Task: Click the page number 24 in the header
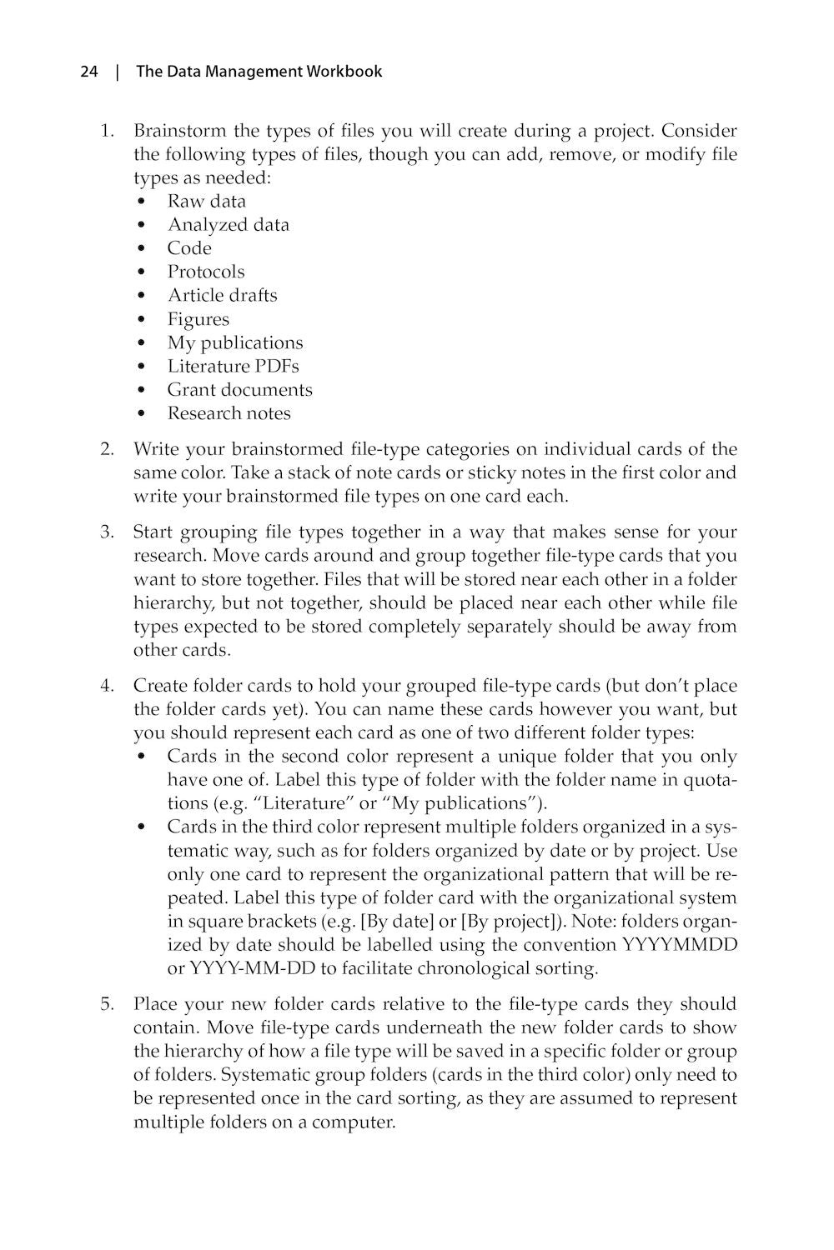pyautogui.click(x=89, y=72)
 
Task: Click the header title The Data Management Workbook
pyautogui.click(x=259, y=72)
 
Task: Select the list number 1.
pyautogui.click(x=107, y=131)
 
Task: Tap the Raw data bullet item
pyautogui.click(x=206, y=201)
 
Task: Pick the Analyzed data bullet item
pyautogui.click(x=228, y=224)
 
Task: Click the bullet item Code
pyautogui.click(x=189, y=248)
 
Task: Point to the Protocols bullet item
pyautogui.click(x=206, y=272)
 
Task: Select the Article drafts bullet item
pyautogui.click(x=222, y=295)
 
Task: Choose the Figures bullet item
pyautogui.click(x=198, y=319)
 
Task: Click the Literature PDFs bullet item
pyautogui.click(x=233, y=366)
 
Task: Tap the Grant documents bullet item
pyautogui.click(x=239, y=389)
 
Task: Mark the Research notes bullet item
pyautogui.click(x=229, y=413)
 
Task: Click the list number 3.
pyautogui.click(x=107, y=532)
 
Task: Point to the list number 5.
pyautogui.click(x=107, y=1003)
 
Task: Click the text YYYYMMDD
pyautogui.click(x=679, y=945)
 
